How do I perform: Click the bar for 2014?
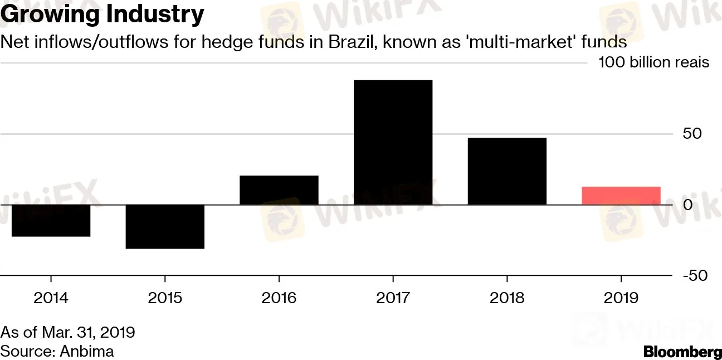tap(51, 221)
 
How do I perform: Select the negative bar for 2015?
tap(165, 227)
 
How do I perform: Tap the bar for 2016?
tap(279, 190)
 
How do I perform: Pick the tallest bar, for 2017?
tap(393, 143)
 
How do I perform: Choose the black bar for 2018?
tap(507, 171)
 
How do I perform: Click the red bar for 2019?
tap(621, 196)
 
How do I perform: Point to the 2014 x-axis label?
tap(51, 298)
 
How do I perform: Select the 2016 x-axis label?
tap(279, 298)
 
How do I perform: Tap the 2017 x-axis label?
tap(393, 298)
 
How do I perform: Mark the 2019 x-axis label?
tap(621, 298)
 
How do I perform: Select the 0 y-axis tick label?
tap(689, 205)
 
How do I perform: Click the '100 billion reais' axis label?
tap(653, 62)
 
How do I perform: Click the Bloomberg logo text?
tap(682, 352)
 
